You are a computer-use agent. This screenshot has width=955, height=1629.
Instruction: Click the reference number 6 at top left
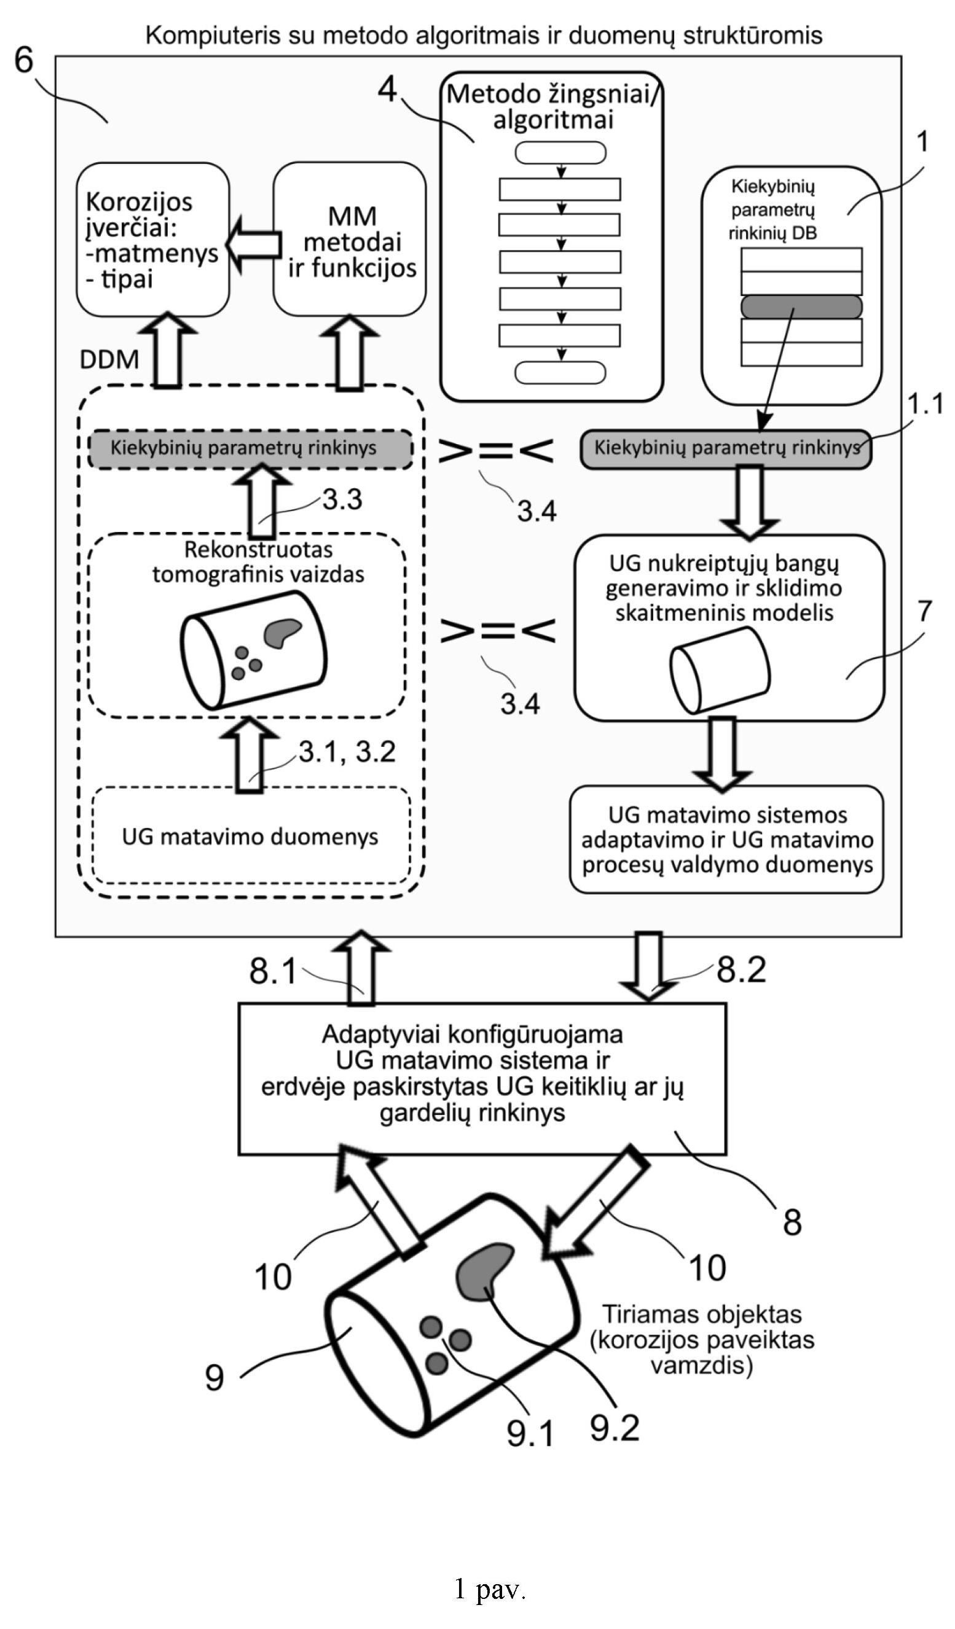[24, 60]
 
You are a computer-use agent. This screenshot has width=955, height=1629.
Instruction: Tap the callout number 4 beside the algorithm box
[387, 89]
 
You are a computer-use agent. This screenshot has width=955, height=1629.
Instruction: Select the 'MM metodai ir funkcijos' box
[350, 240]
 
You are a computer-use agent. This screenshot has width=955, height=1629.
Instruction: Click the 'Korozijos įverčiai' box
[153, 240]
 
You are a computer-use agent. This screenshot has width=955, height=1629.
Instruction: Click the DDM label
[109, 359]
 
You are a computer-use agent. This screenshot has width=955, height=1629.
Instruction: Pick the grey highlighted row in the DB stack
[801, 307]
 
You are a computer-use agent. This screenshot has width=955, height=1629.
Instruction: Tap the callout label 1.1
[925, 404]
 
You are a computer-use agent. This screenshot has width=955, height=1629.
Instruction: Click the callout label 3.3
[343, 499]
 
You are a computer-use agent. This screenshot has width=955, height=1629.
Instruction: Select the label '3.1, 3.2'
[347, 751]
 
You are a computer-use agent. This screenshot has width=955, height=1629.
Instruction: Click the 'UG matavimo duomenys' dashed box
[251, 836]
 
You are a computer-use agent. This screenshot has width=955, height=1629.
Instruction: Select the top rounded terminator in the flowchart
[560, 153]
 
